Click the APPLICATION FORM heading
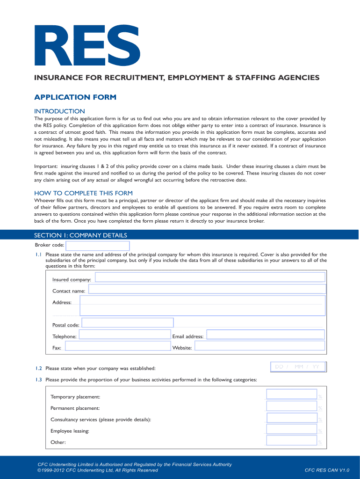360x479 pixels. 75,97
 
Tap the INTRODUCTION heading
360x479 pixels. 59,111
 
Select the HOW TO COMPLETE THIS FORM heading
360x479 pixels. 83,193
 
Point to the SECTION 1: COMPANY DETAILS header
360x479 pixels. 80,235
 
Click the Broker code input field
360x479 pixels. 98,246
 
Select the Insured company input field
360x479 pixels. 210,277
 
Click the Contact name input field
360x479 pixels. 207,289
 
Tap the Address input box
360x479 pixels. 202,305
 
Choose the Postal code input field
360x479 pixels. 127,323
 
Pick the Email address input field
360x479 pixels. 266,334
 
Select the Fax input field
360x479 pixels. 118,346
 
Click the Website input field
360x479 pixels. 259,346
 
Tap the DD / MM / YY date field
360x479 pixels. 298,367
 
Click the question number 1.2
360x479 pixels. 38,369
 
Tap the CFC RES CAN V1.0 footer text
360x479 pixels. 327,470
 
